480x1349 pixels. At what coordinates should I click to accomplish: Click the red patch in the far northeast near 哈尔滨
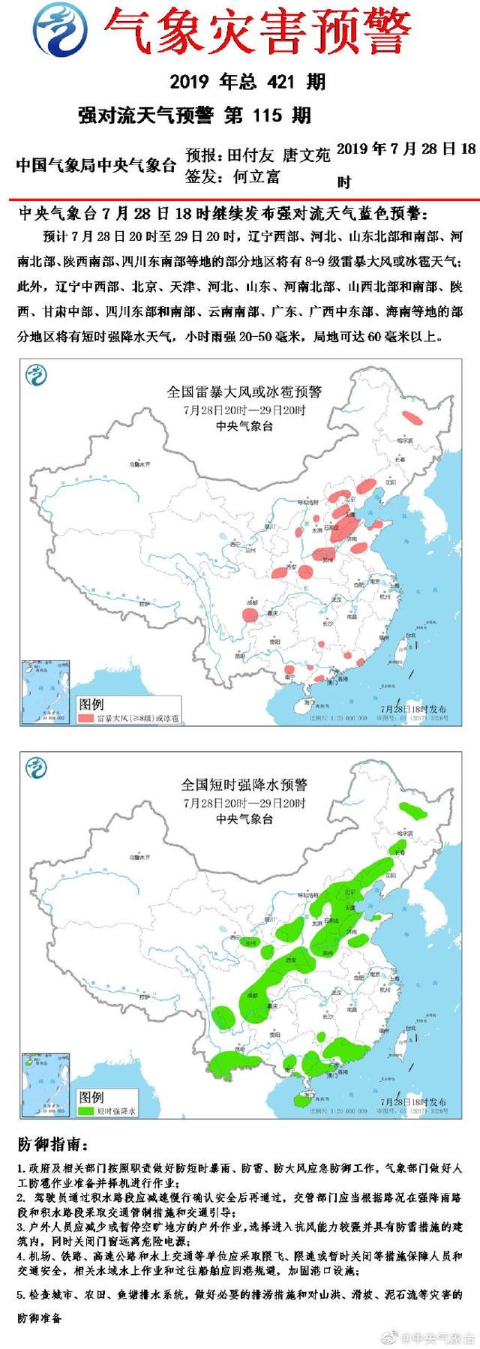[412, 418]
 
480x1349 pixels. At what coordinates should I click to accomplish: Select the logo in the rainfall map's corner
[35, 768]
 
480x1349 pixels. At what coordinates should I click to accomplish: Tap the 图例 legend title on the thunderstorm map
[91, 705]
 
